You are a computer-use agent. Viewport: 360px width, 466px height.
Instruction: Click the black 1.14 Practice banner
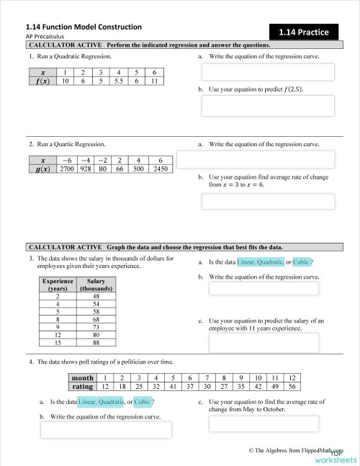[x=304, y=32]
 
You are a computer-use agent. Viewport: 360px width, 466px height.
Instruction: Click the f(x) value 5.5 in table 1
[x=117, y=82]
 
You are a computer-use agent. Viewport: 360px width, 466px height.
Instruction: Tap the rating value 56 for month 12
[x=292, y=385]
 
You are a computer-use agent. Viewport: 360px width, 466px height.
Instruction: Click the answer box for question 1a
[x=268, y=72]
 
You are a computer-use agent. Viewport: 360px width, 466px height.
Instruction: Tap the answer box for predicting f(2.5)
[x=268, y=105]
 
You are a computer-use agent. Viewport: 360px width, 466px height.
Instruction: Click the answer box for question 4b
[x=106, y=429]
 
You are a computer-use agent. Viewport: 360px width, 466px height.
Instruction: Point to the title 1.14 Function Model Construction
[x=84, y=27]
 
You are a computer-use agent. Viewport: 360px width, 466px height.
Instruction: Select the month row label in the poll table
[x=83, y=377]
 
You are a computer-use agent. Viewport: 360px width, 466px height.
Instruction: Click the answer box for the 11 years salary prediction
[x=268, y=342]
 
